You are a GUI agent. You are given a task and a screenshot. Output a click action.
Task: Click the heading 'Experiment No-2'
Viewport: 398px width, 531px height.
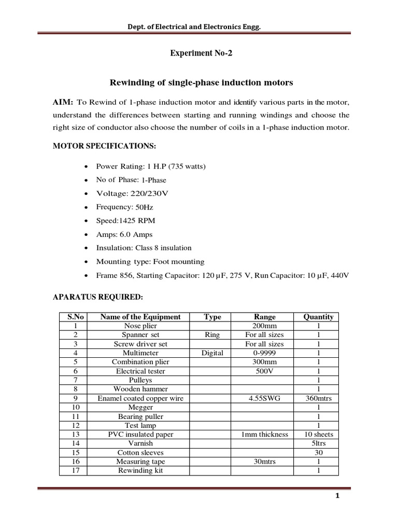[198, 53]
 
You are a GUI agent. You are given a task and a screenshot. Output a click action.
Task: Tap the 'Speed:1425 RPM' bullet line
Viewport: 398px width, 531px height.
[125, 220]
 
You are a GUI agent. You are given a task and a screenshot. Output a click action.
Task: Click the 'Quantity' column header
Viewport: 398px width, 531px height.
[318, 317]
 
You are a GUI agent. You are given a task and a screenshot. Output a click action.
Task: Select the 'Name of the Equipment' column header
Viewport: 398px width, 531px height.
[140, 317]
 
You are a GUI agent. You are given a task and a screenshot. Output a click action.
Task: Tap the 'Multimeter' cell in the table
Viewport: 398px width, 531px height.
[140, 353]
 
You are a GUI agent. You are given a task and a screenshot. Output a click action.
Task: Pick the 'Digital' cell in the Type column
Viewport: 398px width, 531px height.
[212, 353]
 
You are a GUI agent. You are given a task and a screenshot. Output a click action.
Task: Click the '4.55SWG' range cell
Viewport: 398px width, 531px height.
[264, 398]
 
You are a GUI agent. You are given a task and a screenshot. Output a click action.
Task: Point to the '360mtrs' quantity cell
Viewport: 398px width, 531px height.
[318, 398]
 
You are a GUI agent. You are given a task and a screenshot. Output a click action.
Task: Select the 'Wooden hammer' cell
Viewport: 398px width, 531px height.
[140, 389]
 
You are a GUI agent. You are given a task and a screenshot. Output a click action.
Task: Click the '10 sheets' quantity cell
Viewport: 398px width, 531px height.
[318, 434]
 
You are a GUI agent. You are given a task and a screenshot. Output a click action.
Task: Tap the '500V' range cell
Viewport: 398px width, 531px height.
[264, 371]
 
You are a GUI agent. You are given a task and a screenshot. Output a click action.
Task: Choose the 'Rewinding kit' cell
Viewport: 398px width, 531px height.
[140, 470]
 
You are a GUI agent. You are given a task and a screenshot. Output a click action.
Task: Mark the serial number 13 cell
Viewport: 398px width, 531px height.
[76, 434]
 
